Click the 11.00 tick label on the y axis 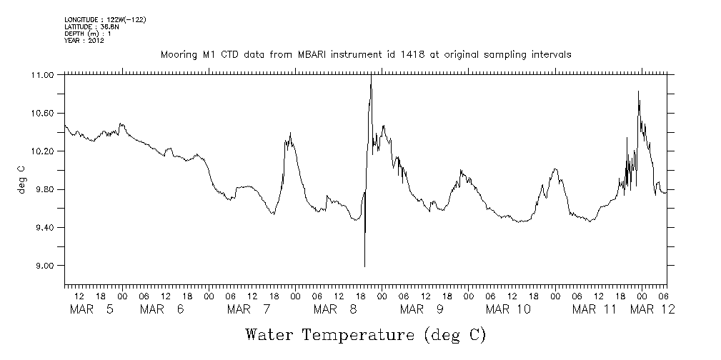[44, 75]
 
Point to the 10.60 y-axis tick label [44, 114]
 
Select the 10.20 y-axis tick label [44, 151]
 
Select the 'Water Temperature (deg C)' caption [365, 334]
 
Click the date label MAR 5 [92, 309]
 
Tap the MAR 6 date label [163, 309]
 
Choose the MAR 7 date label [249, 309]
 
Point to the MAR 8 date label [336, 309]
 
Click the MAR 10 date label [509, 309]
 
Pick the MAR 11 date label [595, 309]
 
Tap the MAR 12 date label [654, 309]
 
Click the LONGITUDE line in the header [105, 19]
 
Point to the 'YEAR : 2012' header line [84, 41]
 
